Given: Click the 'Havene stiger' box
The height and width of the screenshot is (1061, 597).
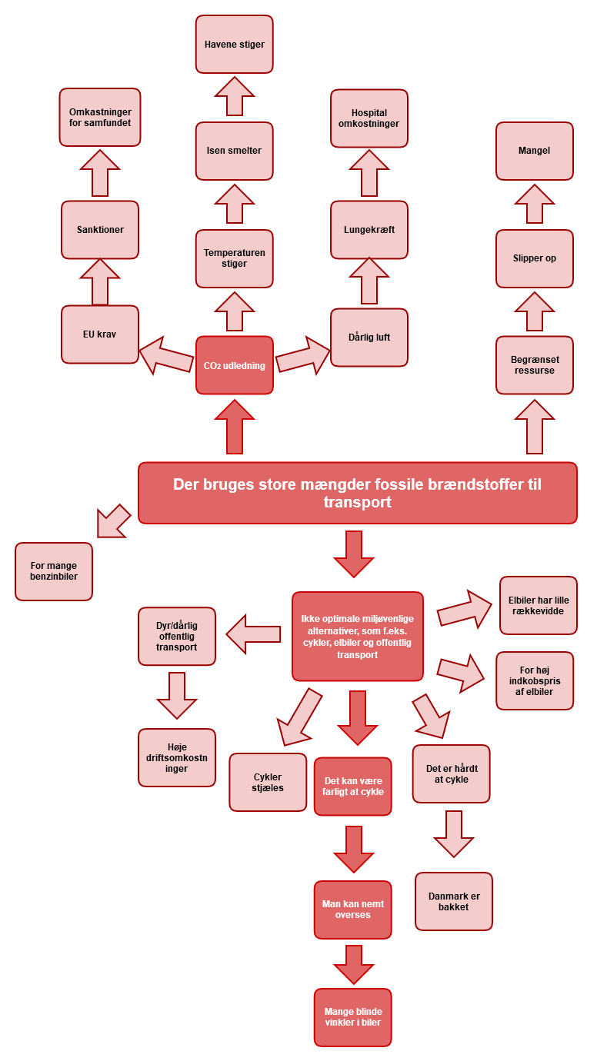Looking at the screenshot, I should pos(234,45).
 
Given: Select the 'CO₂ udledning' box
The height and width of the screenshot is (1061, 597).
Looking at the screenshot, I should pos(234,365).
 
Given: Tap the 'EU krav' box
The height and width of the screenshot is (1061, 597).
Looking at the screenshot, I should pos(100,334).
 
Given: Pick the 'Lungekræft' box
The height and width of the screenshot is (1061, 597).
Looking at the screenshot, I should pos(369,230).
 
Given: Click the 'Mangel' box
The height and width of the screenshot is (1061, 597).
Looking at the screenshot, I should pos(534,151).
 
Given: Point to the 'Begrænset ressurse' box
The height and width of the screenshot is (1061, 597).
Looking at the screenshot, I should pos(534,365).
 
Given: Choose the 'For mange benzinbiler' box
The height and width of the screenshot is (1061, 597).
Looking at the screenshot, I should pos(54,571).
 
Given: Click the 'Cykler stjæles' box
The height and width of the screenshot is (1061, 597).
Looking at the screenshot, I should pos(268,782).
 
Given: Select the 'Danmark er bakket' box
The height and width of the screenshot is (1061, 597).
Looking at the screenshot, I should pos(453,901).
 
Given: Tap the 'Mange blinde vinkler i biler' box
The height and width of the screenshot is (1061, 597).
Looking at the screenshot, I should pos(352,1017).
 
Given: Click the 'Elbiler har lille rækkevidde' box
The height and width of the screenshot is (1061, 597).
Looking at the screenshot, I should pos(538,605).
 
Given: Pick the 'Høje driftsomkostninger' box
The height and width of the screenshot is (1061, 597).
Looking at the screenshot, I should pos(177,757).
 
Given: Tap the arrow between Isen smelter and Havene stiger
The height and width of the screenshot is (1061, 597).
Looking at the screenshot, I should pos(234,97).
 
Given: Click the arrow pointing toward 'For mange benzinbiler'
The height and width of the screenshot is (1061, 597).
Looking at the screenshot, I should pos(112,521).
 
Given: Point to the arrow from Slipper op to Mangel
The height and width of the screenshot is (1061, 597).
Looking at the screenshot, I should pos(534,205).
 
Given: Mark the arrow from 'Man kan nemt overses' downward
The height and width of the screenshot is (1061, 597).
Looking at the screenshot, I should pos(353,963).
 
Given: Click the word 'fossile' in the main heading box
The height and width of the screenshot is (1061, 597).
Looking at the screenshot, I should pos(368,484).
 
